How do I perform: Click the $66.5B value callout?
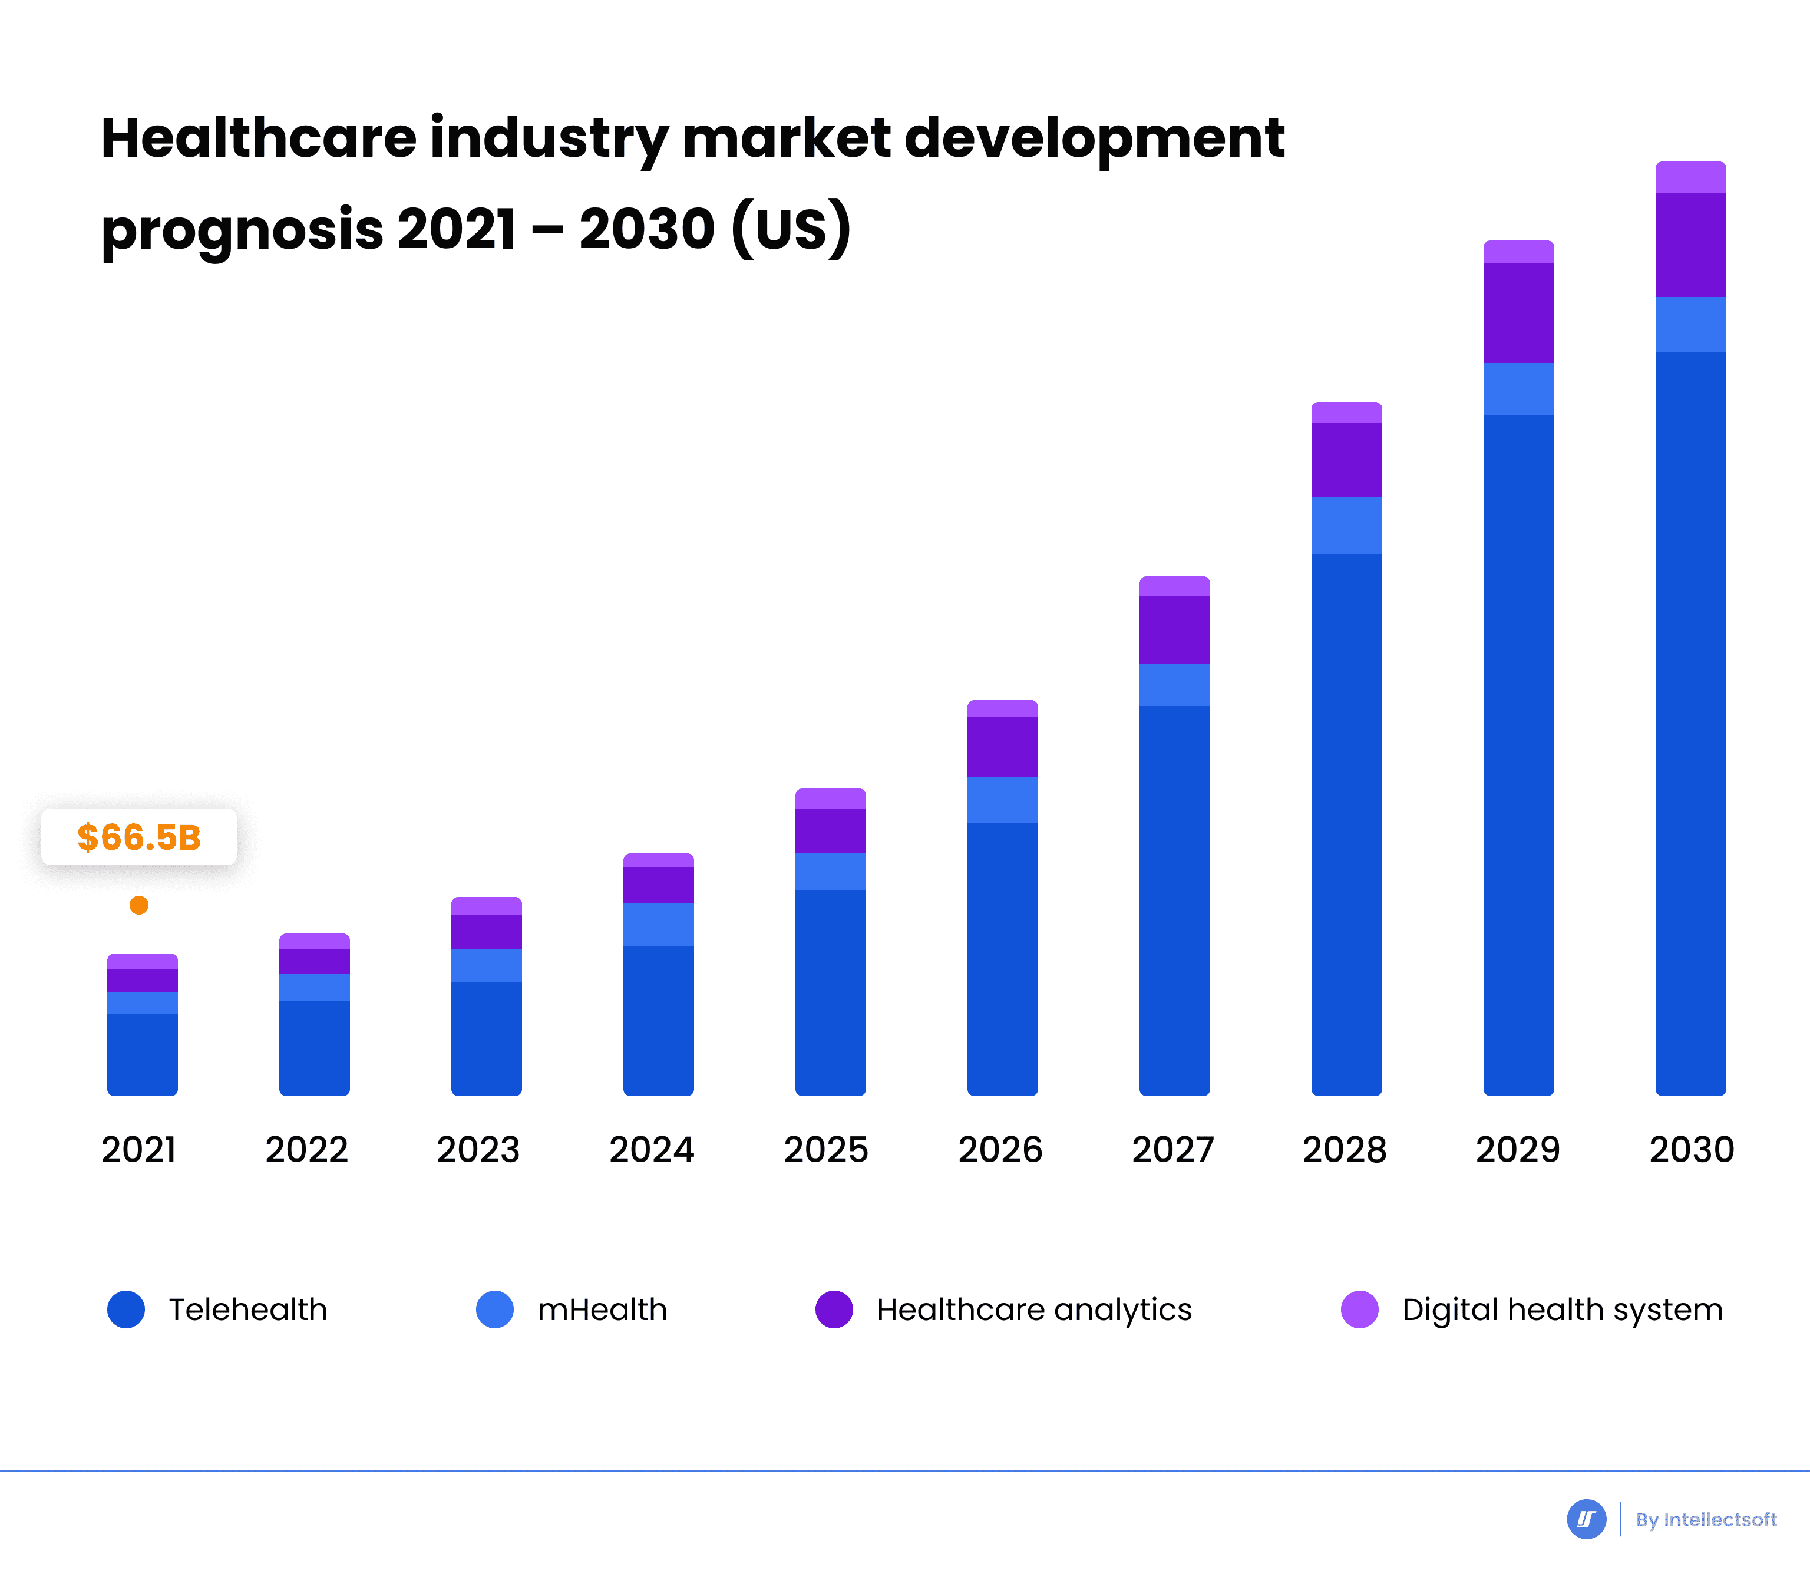[139, 837]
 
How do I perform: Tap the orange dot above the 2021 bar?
[139, 905]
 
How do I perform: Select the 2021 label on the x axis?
[139, 1149]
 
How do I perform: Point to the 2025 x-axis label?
[826, 1149]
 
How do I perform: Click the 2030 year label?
[1691, 1149]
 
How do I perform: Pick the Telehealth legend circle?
[126, 1309]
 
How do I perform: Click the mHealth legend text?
[602, 1309]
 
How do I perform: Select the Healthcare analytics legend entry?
[1034, 1309]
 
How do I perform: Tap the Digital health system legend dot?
[1359, 1309]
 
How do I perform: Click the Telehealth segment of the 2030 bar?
[1690, 722]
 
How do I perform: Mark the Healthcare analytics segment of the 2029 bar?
[1519, 312]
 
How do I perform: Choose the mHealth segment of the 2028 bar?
[1346, 526]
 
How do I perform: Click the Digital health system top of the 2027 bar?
[1175, 587]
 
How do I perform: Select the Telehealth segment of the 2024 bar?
[658, 1021]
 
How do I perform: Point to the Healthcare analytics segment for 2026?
[1002, 746]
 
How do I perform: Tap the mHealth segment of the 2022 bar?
[314, 987]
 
